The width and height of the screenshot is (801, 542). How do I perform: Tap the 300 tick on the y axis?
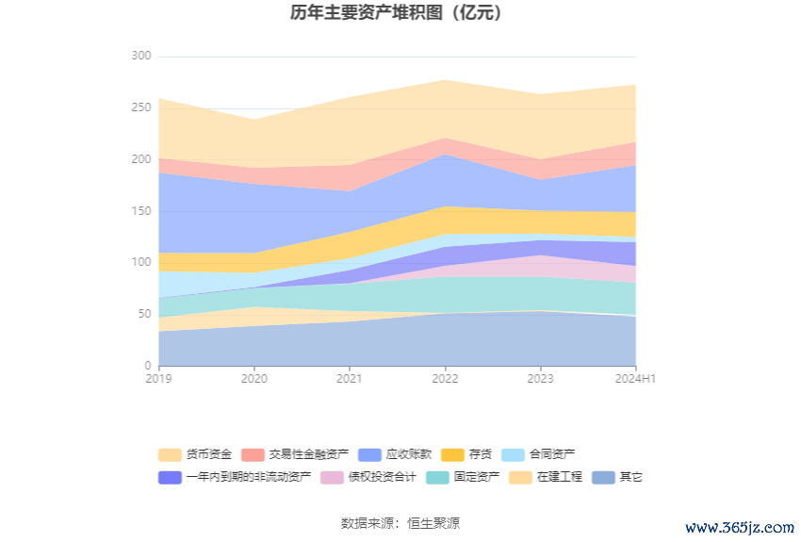point(140,57)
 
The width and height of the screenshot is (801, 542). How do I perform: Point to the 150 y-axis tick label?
point(140,211)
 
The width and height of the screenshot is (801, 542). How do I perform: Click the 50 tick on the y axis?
point(143,314)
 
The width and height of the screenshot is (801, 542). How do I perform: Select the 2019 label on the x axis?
point(158,378)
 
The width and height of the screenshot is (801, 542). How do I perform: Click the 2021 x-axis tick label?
point(350,378)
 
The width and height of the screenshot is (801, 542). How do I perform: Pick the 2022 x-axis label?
point(445,378)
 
